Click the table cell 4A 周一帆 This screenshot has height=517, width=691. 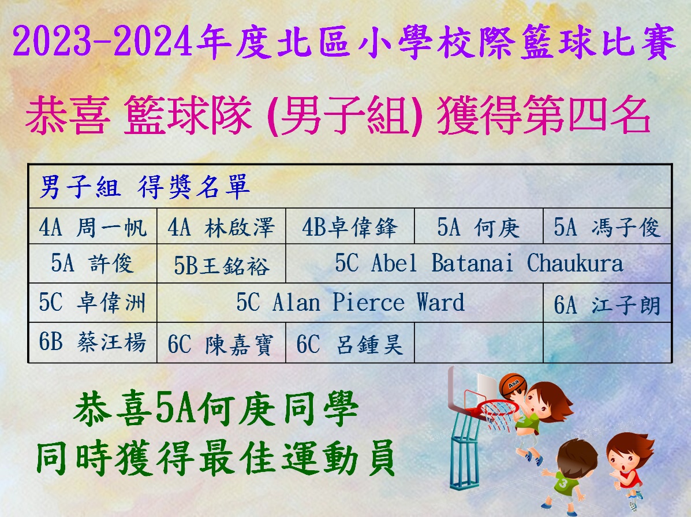click(x=92, y=226)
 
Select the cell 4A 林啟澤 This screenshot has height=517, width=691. click(x=221, y=226)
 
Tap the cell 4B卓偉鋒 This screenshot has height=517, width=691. click(x=350, y=226)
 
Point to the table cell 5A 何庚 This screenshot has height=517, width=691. click(x=479, y=226)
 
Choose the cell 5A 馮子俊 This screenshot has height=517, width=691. click(x=607, y=226)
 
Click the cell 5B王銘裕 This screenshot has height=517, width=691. click(x=221, y=263)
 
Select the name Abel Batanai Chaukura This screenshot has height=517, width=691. click(x=497, y=263)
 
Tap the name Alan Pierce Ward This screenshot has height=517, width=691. click(x=368, y=302)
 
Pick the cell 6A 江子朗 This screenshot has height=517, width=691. click(x=607, y=303)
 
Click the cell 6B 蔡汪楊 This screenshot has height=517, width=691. click(x=92, y=343)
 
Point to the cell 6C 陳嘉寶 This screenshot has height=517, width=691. click(x=221, y=343)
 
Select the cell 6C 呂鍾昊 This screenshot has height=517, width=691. click(x=350, y=343)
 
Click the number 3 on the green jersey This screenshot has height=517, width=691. click(x=563, y=483)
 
